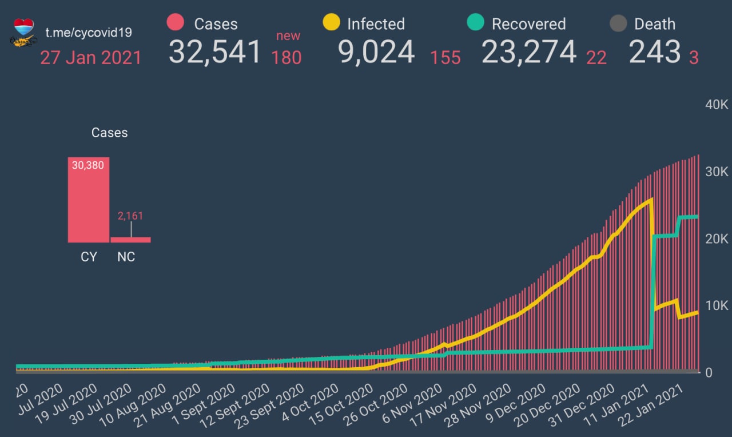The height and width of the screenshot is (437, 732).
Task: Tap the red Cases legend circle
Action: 175,23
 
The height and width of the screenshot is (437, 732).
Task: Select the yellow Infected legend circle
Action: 331,23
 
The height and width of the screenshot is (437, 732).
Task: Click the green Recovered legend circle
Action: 475,23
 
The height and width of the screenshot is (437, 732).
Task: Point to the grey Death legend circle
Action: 618,23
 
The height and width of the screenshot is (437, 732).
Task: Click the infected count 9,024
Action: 376,52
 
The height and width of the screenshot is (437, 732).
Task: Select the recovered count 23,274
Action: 528,52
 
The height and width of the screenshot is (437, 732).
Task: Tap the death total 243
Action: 654,52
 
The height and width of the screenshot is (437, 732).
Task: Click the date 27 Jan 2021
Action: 90,58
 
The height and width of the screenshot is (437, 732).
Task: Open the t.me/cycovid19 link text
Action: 89,32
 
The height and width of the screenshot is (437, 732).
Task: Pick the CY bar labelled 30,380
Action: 88,200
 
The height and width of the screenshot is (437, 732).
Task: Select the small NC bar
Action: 130,240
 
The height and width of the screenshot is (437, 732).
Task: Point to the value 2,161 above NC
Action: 130,216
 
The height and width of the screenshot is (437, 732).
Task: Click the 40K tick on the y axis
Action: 716,105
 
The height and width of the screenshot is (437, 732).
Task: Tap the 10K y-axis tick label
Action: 716,305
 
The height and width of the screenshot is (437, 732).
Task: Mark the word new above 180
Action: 288,36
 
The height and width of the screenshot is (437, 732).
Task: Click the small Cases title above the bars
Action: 109,133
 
